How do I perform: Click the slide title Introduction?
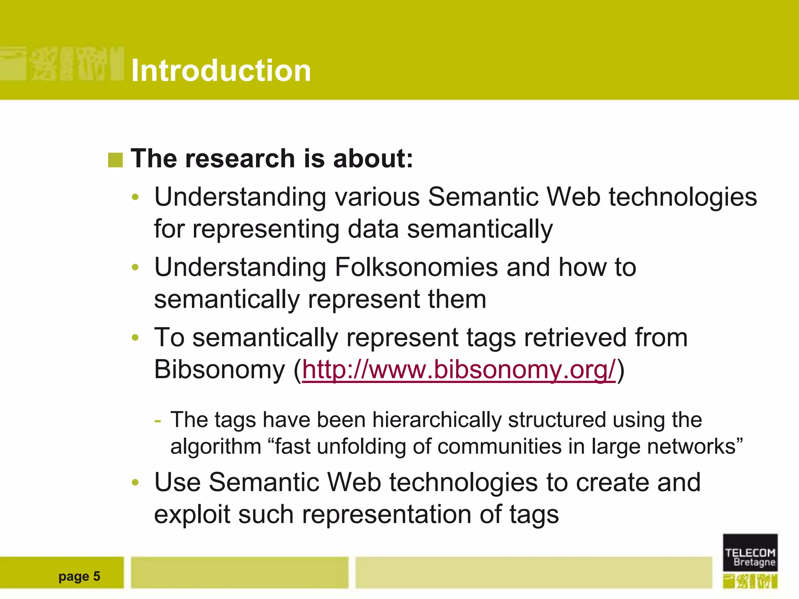tap(221, 71)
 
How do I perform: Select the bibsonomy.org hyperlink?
tap(459, 369)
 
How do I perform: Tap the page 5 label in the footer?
tap(79, 576)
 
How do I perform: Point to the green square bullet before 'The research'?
tap(115, 160)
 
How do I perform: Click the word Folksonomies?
tap(416, 268)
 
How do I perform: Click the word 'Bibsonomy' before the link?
tap(220, 369)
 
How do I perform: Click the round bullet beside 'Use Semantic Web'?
tap(135, 482)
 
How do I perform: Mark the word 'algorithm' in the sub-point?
tap(216, 447)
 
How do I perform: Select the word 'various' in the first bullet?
tap(377, 197)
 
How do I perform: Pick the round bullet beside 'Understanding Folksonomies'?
tap(135, 268)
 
